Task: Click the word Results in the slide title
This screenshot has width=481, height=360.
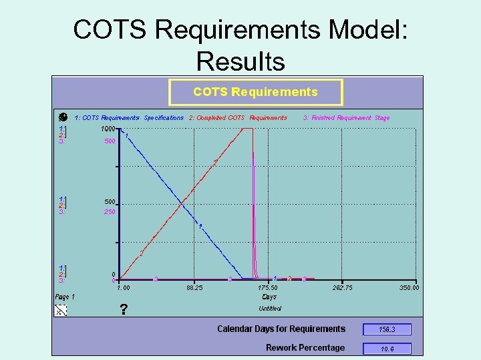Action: pos(240,61)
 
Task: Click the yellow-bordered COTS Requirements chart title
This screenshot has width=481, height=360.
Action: pos(255,92)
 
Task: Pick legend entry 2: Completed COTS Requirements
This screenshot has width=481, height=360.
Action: pos(238,118)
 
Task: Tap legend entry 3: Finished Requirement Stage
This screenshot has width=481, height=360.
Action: pos(346,118)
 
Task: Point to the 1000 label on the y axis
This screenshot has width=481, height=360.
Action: pos(108,129)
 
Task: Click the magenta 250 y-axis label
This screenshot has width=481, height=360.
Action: pos(110,212)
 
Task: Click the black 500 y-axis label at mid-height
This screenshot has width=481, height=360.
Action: pos(110,202)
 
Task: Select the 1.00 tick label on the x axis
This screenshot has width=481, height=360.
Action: pos(124,288)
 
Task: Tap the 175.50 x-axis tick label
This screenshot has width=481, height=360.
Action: pos(269,288)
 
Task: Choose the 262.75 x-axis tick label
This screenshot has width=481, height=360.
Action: pos(342,288)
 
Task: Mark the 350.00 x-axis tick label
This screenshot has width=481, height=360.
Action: pos(409,288)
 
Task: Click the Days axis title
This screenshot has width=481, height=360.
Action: pos(269,297)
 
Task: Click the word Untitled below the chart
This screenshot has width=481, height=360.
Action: pos(270,309)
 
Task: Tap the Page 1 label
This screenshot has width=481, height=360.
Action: pos(65,297)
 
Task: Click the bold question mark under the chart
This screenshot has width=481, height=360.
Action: pos(124,309)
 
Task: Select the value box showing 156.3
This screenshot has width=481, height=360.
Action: pos(387,329)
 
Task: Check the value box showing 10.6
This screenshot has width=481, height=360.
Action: pos(387,349)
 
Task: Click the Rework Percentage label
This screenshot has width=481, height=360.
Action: pos(305,348)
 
